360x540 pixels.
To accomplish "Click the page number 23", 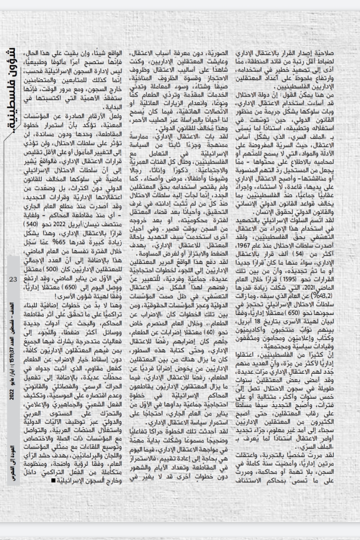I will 13,279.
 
